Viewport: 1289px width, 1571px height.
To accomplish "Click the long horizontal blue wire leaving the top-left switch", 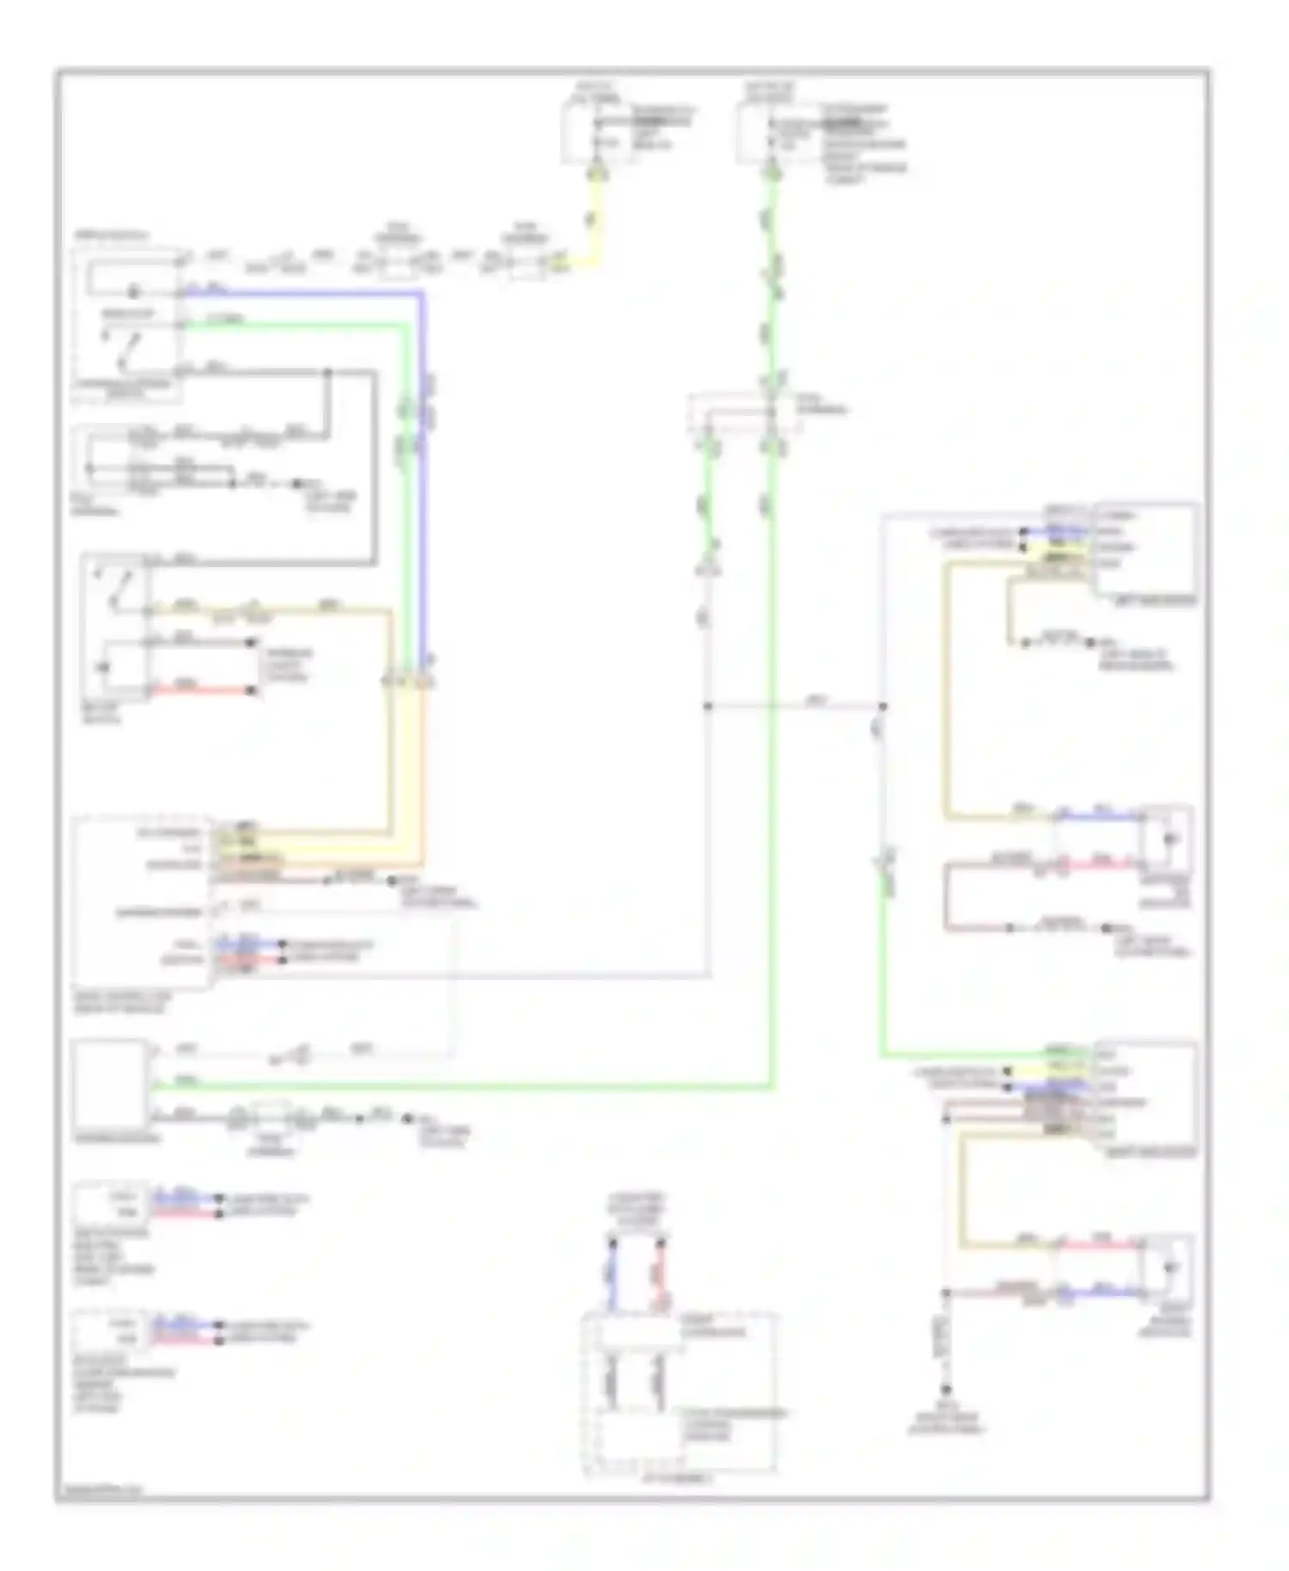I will (x=301, y=293).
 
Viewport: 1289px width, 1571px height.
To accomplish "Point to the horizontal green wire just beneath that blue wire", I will (x=292, y=325).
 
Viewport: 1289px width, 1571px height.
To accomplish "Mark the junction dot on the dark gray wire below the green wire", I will (x=327, y=373).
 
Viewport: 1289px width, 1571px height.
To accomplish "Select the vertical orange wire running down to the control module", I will (x=422, y=773).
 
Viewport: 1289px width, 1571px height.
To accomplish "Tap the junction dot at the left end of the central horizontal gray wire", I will (x=707, y=706).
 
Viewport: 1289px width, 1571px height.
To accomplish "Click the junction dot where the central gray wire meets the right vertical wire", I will (x=883, y=706).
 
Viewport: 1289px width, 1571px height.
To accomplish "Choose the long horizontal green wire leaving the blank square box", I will (x=464, y=1088).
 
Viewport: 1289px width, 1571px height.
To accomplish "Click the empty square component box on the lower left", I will (x=110, y=1085).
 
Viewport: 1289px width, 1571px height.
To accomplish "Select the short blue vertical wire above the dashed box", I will (x=613, y=1276).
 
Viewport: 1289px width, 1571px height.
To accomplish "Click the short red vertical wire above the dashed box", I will (x=662, y=1276).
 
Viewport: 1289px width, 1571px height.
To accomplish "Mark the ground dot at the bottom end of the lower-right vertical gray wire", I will (x=945, y=1390).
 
